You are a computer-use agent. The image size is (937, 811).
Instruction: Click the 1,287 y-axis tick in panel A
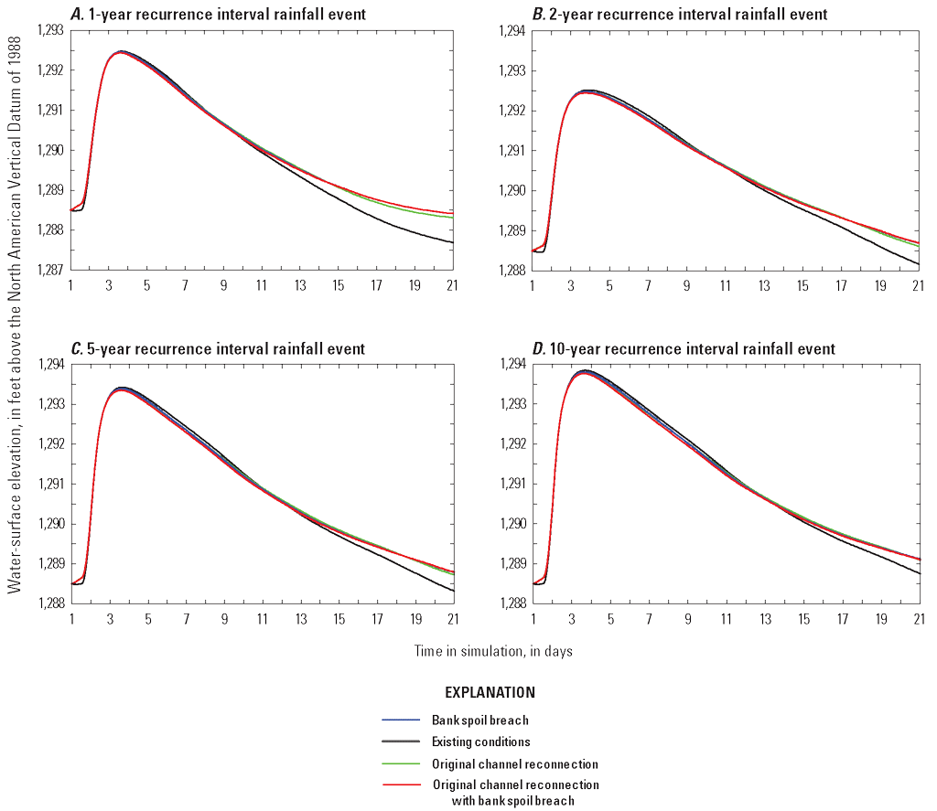(x=51, y=270)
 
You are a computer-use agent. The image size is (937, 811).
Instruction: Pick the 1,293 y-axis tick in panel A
(x=51, y=30)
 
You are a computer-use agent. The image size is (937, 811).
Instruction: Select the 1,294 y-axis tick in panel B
(x=512, y=30)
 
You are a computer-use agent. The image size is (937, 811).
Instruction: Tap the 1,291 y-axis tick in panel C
(x=51, y=484)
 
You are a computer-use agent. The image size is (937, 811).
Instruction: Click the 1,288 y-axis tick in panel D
(x=512, y=603)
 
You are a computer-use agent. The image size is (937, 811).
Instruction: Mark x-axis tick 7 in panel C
(x=186, y=619)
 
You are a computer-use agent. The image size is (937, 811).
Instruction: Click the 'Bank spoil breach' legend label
(x=480, y=720)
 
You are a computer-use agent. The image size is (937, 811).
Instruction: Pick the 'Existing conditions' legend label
(x=480, y=742)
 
